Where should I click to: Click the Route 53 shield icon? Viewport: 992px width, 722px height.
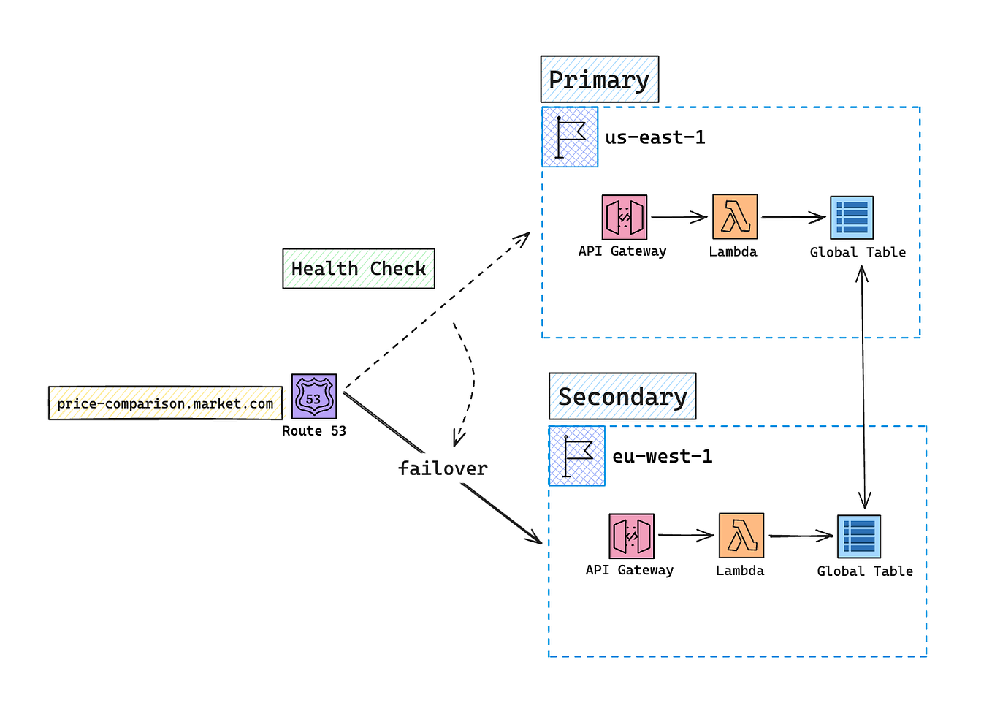click(314, 396)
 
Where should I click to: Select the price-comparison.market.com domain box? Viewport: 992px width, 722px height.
click(165, 403)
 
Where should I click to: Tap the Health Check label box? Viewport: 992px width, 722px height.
click(359, 268)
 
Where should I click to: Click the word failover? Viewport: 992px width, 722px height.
click(443, 468)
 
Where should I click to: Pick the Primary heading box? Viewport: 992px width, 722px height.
click(599, 79)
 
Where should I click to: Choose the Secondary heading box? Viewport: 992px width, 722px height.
click(622, 396)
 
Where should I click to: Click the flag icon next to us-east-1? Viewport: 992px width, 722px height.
click(570, 137)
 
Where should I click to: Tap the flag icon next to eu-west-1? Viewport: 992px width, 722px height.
click(577, 456)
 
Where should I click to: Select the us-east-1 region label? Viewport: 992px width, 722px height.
click(655, 137)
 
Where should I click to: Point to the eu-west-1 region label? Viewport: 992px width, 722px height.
click(663, 457)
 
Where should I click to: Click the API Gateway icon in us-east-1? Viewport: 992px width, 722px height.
click(625, 217)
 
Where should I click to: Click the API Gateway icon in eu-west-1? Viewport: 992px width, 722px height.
click(631, 536)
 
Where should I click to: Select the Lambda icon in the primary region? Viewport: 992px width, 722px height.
click(735, 216)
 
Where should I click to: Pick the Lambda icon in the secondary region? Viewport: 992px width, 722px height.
click(741, 536)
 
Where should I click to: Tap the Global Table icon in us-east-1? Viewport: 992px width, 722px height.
click(852, 218)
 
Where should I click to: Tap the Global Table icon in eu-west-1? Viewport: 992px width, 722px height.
click(859, 536)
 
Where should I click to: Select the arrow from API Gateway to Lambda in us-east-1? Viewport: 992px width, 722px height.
click(679, 217)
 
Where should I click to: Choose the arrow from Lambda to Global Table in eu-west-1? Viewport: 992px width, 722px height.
click(801, 536)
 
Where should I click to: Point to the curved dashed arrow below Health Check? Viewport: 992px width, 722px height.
click(470, 380)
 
